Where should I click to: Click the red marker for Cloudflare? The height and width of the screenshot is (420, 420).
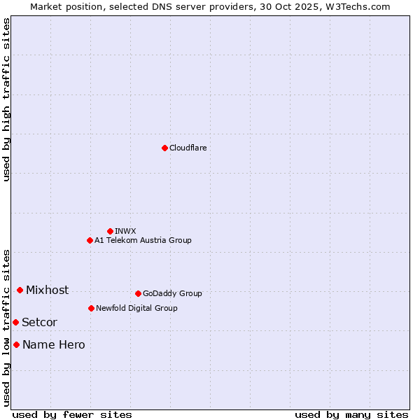click(164, 148)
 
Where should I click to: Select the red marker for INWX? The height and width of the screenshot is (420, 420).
click(110, 231)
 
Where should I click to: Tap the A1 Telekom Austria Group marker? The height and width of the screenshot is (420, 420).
click(90, 240)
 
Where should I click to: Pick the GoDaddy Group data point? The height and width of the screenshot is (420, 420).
click(138, 293)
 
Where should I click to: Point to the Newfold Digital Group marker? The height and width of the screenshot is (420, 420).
click(91, 308)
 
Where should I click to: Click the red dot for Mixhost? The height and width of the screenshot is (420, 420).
click(20, 290)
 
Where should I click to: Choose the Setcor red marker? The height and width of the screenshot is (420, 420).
click(15, 322)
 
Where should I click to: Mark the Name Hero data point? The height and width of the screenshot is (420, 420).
click(16, 344)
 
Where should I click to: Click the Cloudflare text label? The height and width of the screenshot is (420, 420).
click(188, 148)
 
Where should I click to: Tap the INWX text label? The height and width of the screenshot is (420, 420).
click(125, 231)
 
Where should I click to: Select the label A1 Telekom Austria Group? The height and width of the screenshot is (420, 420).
click(143, 240)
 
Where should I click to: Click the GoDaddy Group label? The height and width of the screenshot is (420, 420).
click(172, 293)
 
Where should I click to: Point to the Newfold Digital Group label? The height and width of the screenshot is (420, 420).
click(136, 308)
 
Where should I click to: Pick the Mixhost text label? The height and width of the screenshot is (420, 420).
click(47, 290)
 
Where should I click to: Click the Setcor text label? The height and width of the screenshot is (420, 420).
click(39, 322)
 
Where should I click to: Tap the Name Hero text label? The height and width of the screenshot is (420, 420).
click(53, 344)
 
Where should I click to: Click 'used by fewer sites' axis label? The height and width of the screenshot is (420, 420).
click(72, 414)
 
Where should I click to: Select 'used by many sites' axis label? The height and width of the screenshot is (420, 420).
click(351, 414)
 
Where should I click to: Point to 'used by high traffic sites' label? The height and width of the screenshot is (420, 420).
click(7, 99)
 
